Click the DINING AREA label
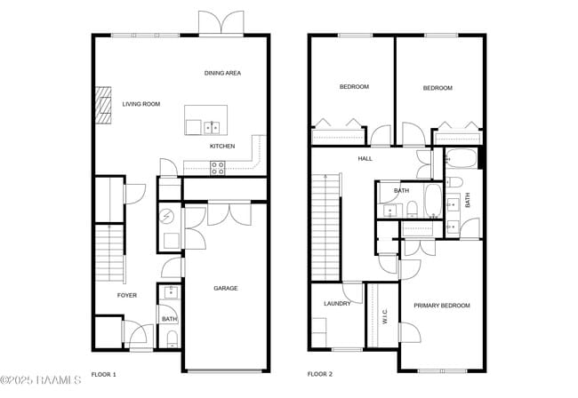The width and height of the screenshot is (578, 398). (x=222, y=73)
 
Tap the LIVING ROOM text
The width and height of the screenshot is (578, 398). (x=141, y=104)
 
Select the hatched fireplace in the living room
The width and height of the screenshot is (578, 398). (x=103, y=105)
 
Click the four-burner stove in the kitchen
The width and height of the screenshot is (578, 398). (x=218, y=168)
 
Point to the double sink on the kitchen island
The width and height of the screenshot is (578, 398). (x=212, y=127)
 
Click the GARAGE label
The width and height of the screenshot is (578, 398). (x=226, y=288)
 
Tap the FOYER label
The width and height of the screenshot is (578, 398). (x=127, y=295)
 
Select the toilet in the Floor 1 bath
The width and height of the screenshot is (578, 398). (x=173, y=339)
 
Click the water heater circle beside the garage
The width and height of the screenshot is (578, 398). (x=167, y=217)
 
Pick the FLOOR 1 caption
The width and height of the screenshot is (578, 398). (x=103, y=374)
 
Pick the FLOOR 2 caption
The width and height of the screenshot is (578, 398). (x=320, y=374)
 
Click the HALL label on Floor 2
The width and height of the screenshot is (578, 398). (x=365, y=159)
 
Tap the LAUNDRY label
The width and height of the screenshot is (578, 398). (x=337, y=304)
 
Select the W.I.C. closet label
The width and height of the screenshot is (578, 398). (x=385, y=316)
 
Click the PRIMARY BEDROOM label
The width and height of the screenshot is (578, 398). (x=442, y=306)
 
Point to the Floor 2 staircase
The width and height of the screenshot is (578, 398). (x=325, y=227)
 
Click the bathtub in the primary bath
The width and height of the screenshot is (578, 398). (x=462, y=158)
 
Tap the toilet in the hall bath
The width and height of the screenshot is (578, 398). (x=412, y=209)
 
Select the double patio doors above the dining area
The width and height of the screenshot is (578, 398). (x=221, y=22)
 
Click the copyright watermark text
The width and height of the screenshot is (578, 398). (x=41, y=380)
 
